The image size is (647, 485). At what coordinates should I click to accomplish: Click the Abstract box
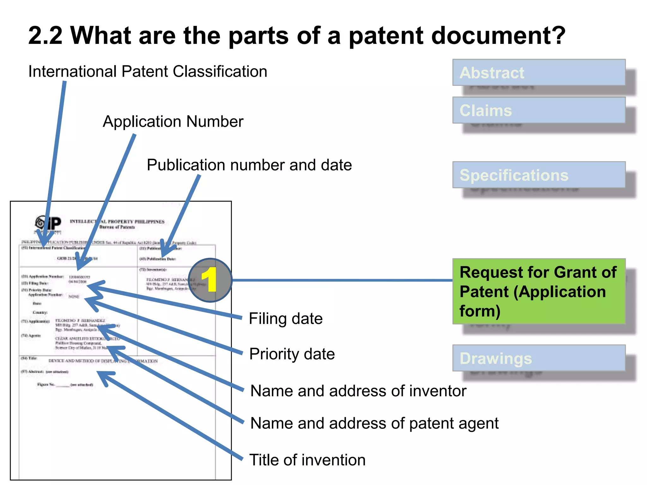pyautogui.click(x=539, y=72)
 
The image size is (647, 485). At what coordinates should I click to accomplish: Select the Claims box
pyautogui.click(x=539, y=110)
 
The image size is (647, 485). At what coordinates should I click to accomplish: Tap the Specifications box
pyautogui.click(x=539, y=175)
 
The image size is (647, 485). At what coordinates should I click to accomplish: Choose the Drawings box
pyautogui.click(x=539, y=358)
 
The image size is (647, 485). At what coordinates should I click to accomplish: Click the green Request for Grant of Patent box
pyautogui.click(x=539, y=291)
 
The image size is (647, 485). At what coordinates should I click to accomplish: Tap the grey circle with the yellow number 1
pyautogui.click(x=210, y=280)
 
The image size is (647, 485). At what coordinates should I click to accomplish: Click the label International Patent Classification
pyautogui.click(x=148, y=71)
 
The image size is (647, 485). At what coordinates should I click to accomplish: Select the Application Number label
pyautogui.click(x=173, y=122)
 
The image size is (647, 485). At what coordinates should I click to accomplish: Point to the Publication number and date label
pyautogui.click(x=249, y=165)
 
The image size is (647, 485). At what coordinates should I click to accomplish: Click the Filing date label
pyautogui.click(x=286, y=319)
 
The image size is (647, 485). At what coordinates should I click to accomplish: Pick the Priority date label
pyautogui.click(x=292, y=354)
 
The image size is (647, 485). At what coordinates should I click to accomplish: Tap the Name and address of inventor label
pyautogui.click(x=358, y=391)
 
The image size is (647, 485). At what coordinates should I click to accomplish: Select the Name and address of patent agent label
pyautogui.click(x=374, y=423)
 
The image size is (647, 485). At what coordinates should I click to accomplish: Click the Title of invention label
pyautogui.click(x=307, y=460)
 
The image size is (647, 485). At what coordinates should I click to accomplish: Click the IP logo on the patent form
pyautogui.click(x=48, y=224)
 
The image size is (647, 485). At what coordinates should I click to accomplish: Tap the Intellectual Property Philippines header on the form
pyautogui.click(x=117, y=222)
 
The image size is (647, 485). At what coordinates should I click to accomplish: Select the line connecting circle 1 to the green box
pyautogui.click(x=341, y=280)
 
